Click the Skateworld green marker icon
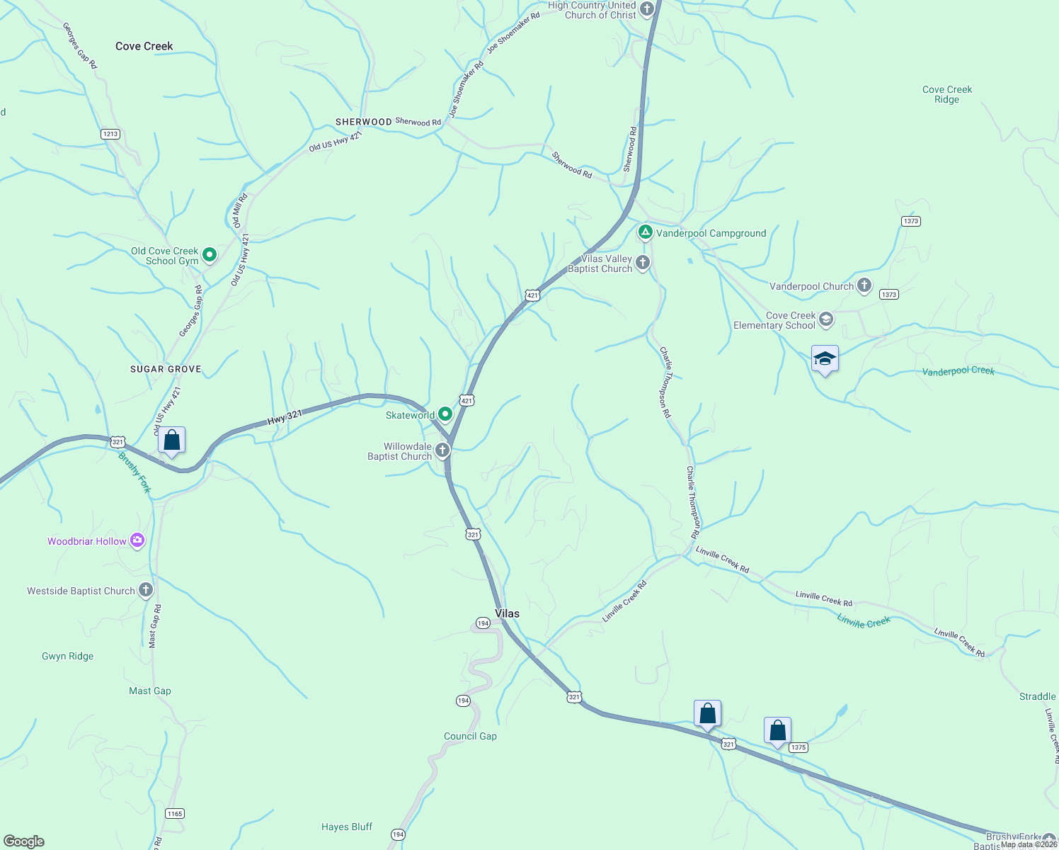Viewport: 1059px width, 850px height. coord(445,414)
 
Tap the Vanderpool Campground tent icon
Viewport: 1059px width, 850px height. coord(645,232)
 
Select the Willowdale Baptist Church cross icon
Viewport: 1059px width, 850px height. coord(442,450)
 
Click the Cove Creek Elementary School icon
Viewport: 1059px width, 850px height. coord(825,320)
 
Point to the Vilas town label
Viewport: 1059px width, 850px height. coord(507,613)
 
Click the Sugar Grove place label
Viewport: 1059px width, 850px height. coord(166,369)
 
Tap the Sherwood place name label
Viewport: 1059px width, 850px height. coord(363,122)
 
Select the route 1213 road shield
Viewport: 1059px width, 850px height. coord(110,134)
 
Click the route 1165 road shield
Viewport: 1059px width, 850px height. coord(175,813)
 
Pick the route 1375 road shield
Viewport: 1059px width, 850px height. coord(798,747)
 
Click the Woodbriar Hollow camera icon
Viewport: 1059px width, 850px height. coord(137,541)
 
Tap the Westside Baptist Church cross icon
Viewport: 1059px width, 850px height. coord(146,590)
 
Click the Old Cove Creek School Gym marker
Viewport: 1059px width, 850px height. coord(209,254)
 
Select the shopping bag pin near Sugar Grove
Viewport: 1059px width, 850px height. coord(171,441)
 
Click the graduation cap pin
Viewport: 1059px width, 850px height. coord(825,359)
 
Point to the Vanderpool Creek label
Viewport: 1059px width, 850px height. coord(958,371)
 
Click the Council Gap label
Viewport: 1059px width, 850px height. coord(470,736)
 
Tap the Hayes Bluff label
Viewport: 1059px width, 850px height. coord(346,827)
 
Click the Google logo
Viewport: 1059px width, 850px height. coord(24,841)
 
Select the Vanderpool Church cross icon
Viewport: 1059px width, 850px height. coord(864,285)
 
